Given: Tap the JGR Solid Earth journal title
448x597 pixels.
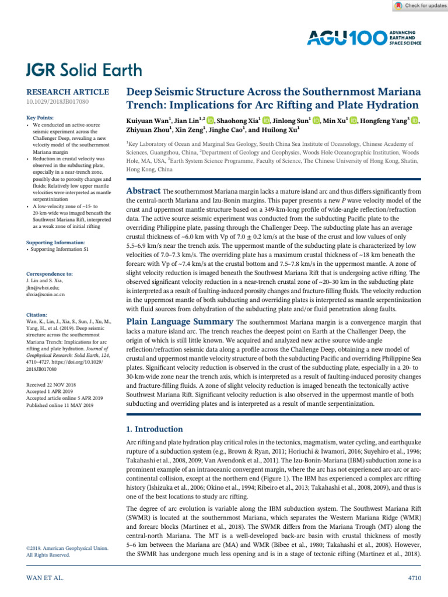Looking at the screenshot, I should coord(83,71).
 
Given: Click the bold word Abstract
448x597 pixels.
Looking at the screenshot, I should coord(143,191).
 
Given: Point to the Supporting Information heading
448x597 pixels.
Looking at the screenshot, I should coord(55,242).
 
